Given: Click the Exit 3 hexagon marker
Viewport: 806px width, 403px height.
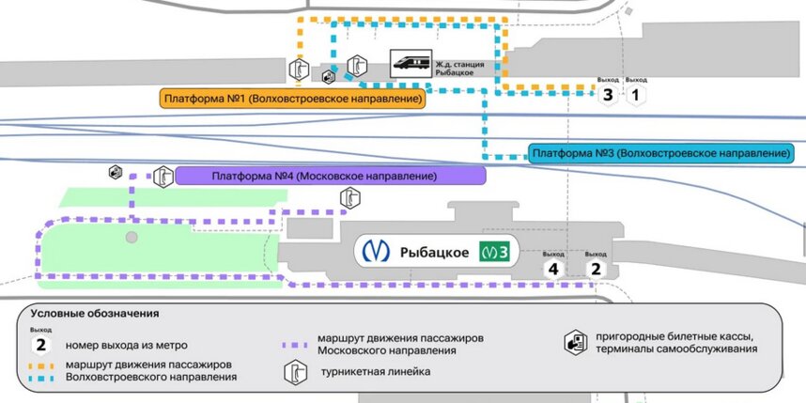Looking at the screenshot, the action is [x=608, y=95].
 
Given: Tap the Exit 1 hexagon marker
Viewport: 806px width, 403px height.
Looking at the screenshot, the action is [x=636, y=95].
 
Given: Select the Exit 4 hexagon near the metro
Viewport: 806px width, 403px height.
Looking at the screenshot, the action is [x=553, y=269].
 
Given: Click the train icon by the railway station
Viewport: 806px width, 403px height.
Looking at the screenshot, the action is [x=411, y=64].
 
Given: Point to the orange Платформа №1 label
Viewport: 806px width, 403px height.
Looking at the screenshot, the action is [x=293, y=99].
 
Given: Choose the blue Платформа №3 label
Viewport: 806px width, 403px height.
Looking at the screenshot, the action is [x=660, y=153].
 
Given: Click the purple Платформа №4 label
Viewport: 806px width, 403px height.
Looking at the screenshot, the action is [x=331, y=176].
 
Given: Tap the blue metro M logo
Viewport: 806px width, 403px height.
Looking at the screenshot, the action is [x=376, y=251].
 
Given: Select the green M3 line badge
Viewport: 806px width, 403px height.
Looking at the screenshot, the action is [x=494, y=252].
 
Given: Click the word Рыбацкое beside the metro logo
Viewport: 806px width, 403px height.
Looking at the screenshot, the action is [x=434, y=253].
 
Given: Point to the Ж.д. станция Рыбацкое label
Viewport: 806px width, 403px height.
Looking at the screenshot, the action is [x=459, y=69].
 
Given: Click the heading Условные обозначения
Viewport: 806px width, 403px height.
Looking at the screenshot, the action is [x=94, y=313].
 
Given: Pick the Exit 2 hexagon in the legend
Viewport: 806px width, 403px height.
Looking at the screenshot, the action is [x=40, y=345].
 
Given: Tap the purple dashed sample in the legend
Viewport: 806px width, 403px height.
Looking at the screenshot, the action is [x=297, y=346].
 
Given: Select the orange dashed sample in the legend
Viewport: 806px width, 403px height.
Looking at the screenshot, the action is [x=40, y=366].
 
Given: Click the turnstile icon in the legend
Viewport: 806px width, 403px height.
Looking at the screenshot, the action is [x=296, y=372].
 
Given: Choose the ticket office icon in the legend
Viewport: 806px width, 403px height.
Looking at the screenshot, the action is [x=575, y=342].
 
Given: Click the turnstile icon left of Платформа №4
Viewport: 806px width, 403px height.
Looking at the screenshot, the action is [x=163, y=177].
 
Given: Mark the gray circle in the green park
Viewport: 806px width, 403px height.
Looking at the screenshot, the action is [x=132, y=237].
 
